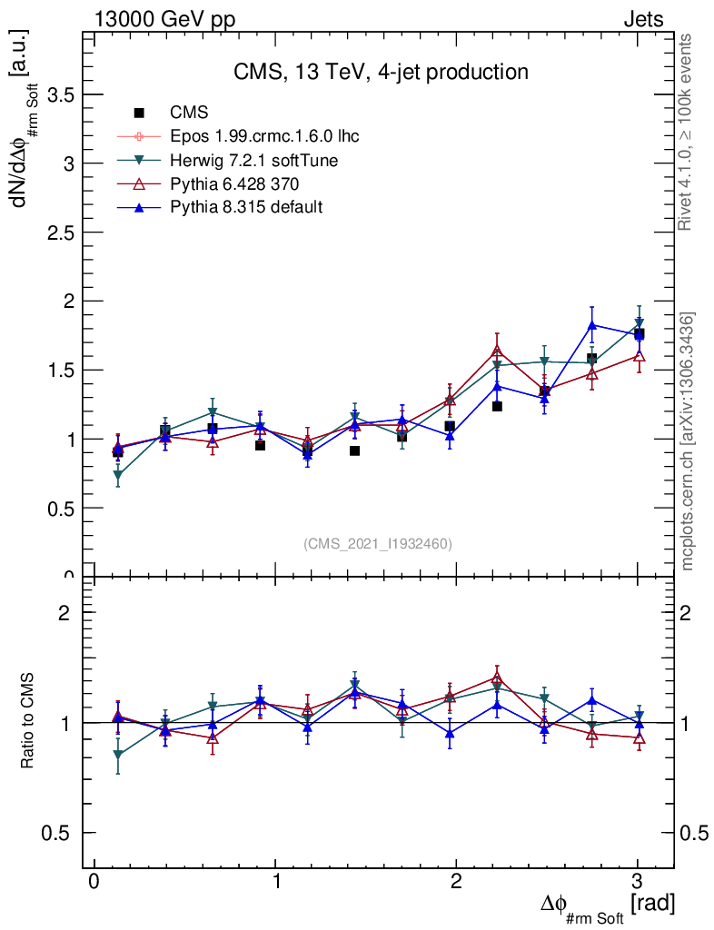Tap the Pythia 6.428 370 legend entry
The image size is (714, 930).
coord(228,183)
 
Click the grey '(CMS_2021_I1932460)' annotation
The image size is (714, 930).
coord(378,543)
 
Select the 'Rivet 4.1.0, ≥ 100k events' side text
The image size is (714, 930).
coord(688,132)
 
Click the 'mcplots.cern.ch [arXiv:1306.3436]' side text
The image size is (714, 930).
coord(688,440)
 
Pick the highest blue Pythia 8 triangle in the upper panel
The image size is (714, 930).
coord(591,325)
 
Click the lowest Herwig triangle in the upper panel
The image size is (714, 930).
coord(118,475)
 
